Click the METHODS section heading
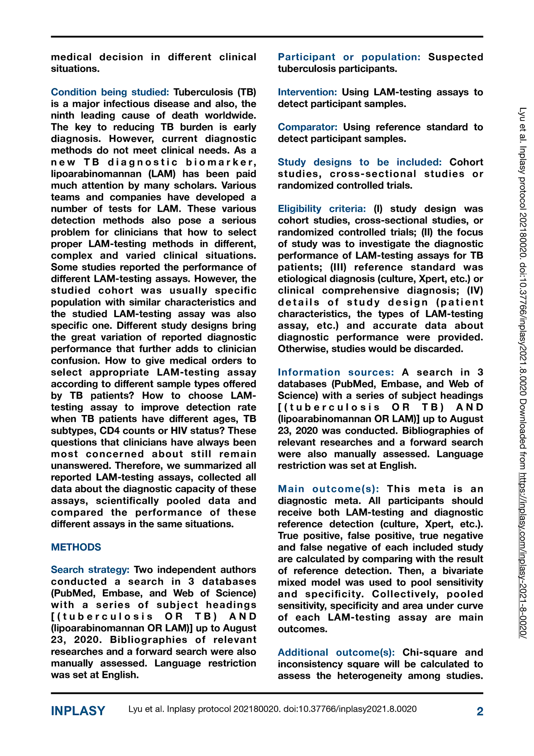point(76,547)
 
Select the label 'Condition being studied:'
point(110,92)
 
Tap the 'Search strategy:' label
point(90,570)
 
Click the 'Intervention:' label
point(307,92)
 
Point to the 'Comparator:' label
point(308,127)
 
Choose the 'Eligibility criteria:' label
point(322,209)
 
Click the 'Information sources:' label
point(336,372)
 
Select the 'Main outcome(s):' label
point(328,489)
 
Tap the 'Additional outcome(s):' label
point(336,652)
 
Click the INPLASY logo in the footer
point(78,711)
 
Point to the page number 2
point(480,711)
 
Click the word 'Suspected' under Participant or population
point(456,57)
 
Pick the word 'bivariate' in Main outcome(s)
point(463,571)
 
